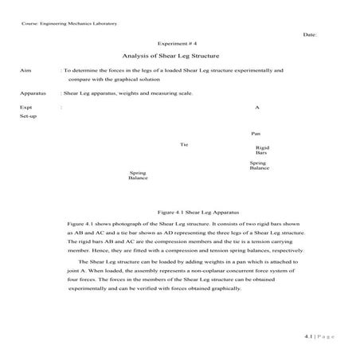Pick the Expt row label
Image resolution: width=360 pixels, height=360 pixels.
click(x=26, y=106)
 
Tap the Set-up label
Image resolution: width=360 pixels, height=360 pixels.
click(x=29, y=115)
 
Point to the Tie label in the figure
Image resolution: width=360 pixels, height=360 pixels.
click(x=184, y=144)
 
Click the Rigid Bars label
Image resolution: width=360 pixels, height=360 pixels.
click(x=261, y=150)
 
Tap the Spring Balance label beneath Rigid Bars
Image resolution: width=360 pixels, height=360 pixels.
click(x=259, y=166)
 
